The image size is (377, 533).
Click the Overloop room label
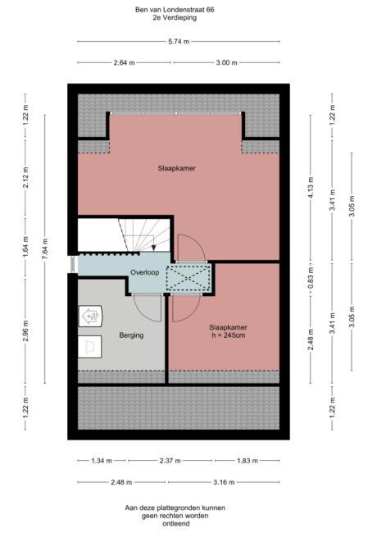(x=144, y=271)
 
